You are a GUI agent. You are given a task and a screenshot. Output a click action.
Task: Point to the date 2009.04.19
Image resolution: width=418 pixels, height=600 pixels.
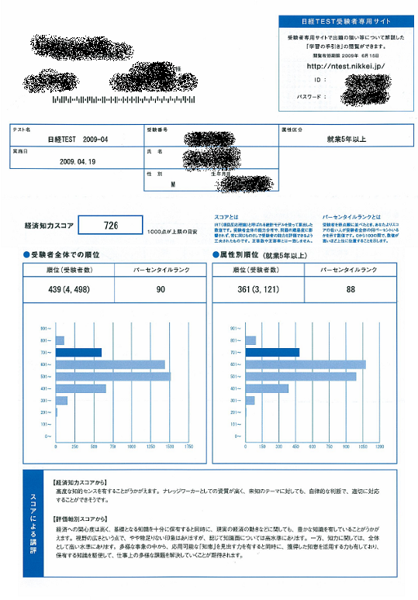(x=76, y=162)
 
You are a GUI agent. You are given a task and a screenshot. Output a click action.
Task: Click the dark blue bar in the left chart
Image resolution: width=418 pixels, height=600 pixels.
(x=78, y=353)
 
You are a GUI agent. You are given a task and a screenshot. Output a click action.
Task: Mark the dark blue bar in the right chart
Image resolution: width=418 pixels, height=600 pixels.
(x=272, y=353)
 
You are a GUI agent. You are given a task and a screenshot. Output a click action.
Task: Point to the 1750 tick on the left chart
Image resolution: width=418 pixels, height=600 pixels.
(x=189, y=447)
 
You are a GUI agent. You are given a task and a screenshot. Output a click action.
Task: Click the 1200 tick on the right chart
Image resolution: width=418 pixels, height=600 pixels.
(x=379, y=447)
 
